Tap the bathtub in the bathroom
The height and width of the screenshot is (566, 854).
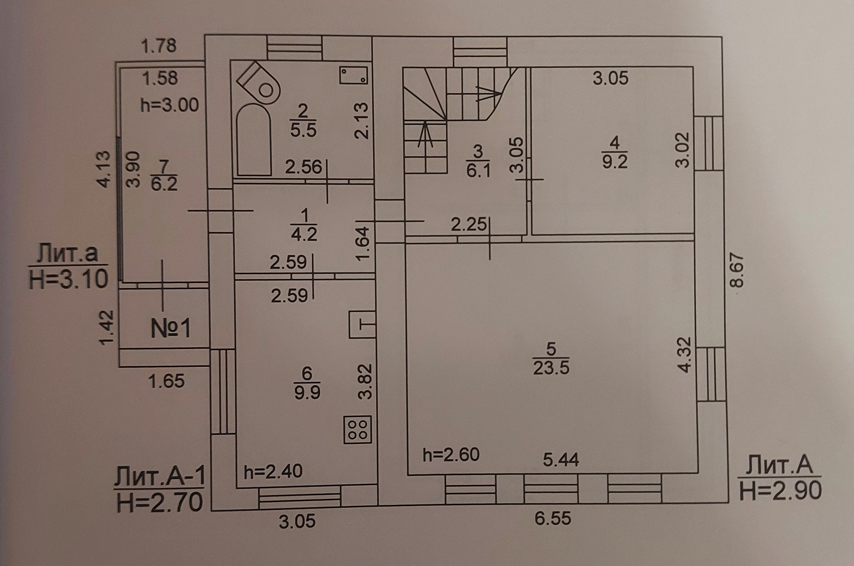254,139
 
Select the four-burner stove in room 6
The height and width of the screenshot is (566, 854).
357,429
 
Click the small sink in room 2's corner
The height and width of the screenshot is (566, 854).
354,75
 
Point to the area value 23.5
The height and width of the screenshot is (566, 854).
551,367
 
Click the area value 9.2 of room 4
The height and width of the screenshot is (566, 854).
614,161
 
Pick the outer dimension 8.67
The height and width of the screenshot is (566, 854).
736,270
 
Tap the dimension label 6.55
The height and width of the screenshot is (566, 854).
553,518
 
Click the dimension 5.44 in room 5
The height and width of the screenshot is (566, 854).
561,459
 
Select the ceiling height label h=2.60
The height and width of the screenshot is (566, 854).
451,455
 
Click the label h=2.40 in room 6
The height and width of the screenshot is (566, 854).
273,472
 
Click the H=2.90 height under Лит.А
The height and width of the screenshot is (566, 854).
780,491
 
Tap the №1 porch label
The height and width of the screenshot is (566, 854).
171,329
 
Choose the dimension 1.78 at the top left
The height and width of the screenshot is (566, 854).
159,46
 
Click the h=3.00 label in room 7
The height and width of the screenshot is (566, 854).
169,105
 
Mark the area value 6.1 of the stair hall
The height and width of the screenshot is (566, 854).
478,170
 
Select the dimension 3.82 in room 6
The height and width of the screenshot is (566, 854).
365,382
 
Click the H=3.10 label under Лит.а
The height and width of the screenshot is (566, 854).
68,279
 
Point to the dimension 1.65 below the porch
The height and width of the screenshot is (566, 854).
166,381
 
